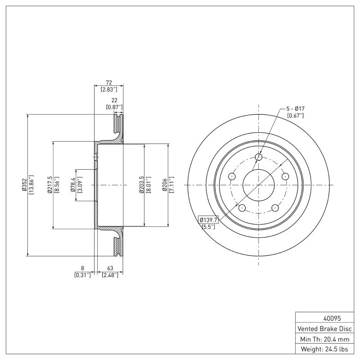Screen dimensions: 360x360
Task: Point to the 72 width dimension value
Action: pos(108,83)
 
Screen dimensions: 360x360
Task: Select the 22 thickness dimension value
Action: pos(114,101)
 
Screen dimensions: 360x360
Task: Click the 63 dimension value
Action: pos(110,268)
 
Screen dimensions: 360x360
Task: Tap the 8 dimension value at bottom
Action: pos(82,268)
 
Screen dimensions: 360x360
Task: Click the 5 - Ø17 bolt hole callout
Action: pos(295,109)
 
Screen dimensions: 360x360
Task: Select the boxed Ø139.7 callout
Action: pos(208,220)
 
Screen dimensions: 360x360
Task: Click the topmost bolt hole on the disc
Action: pos(259,157)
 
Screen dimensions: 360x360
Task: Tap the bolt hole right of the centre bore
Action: pos(285,176)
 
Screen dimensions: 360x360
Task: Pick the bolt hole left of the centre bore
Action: pos(232,176)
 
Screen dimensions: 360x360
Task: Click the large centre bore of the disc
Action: pos(259,185)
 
